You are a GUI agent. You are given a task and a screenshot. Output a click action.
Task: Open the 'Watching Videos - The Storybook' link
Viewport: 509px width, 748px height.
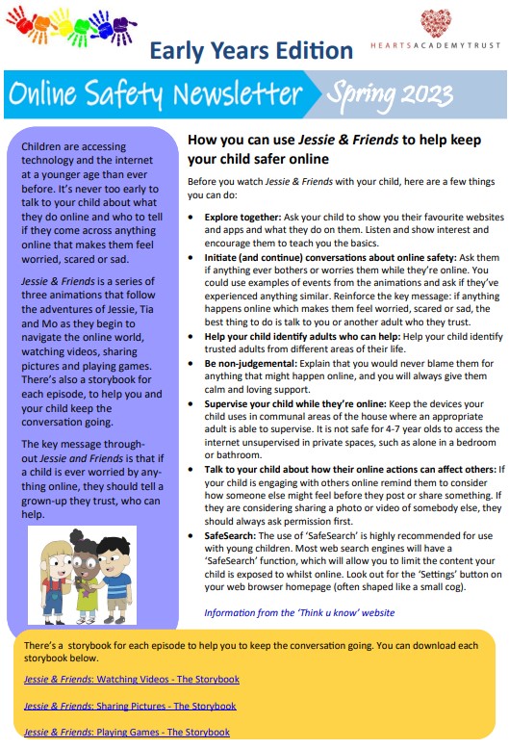tap(131, 679)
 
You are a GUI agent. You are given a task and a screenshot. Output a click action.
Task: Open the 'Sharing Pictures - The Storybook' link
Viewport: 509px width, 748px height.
tap(130, 706)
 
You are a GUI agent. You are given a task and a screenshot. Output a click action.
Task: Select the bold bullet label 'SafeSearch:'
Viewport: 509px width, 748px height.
tap(232, 534)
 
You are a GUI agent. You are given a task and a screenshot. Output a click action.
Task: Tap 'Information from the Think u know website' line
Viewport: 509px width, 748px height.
tap(299, 612)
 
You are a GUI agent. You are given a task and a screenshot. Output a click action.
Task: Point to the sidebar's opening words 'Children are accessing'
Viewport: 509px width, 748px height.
tap(73, 147)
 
